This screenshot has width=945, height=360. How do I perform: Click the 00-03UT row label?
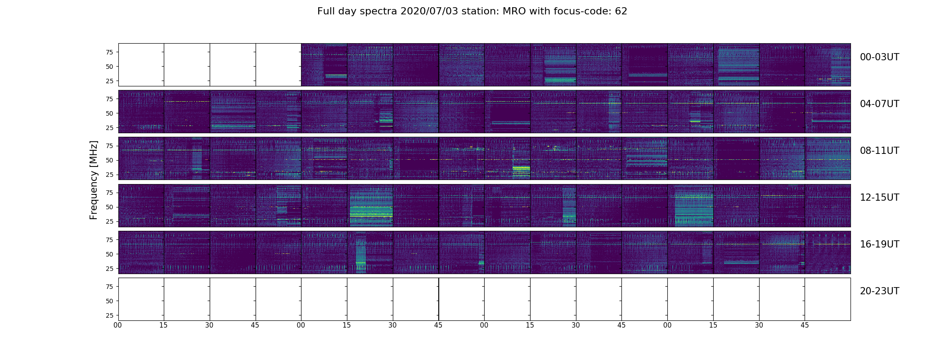pos(879,57)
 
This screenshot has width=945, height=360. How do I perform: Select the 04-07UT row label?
pos(879,104)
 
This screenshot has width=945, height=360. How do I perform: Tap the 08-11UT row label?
pos(879,151)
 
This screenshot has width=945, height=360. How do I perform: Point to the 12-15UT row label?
pos(879,198)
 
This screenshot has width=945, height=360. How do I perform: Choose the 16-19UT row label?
pos(879,244)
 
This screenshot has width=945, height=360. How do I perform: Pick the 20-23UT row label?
pos(879,291)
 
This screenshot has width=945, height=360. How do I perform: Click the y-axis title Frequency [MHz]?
pos(94,180)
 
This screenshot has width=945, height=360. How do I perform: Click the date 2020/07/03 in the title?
pos(429,11)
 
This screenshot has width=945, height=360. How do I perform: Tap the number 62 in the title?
pos(621,11)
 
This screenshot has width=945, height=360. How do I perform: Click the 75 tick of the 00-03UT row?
pos(109,52)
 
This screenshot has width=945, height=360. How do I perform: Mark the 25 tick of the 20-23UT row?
pos(109,315)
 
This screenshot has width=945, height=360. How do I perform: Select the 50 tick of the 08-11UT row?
pos(109,160)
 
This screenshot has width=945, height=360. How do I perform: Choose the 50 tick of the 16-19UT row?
pos(109,254)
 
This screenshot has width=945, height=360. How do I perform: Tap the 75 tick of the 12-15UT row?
pos(109,193)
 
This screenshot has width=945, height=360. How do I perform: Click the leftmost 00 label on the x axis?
pos(118,325)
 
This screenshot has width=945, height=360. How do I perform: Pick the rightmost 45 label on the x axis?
pos(805,325)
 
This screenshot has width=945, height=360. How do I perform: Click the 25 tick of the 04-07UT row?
pos(109,128)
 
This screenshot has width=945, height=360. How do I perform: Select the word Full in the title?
pos(325,11)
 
